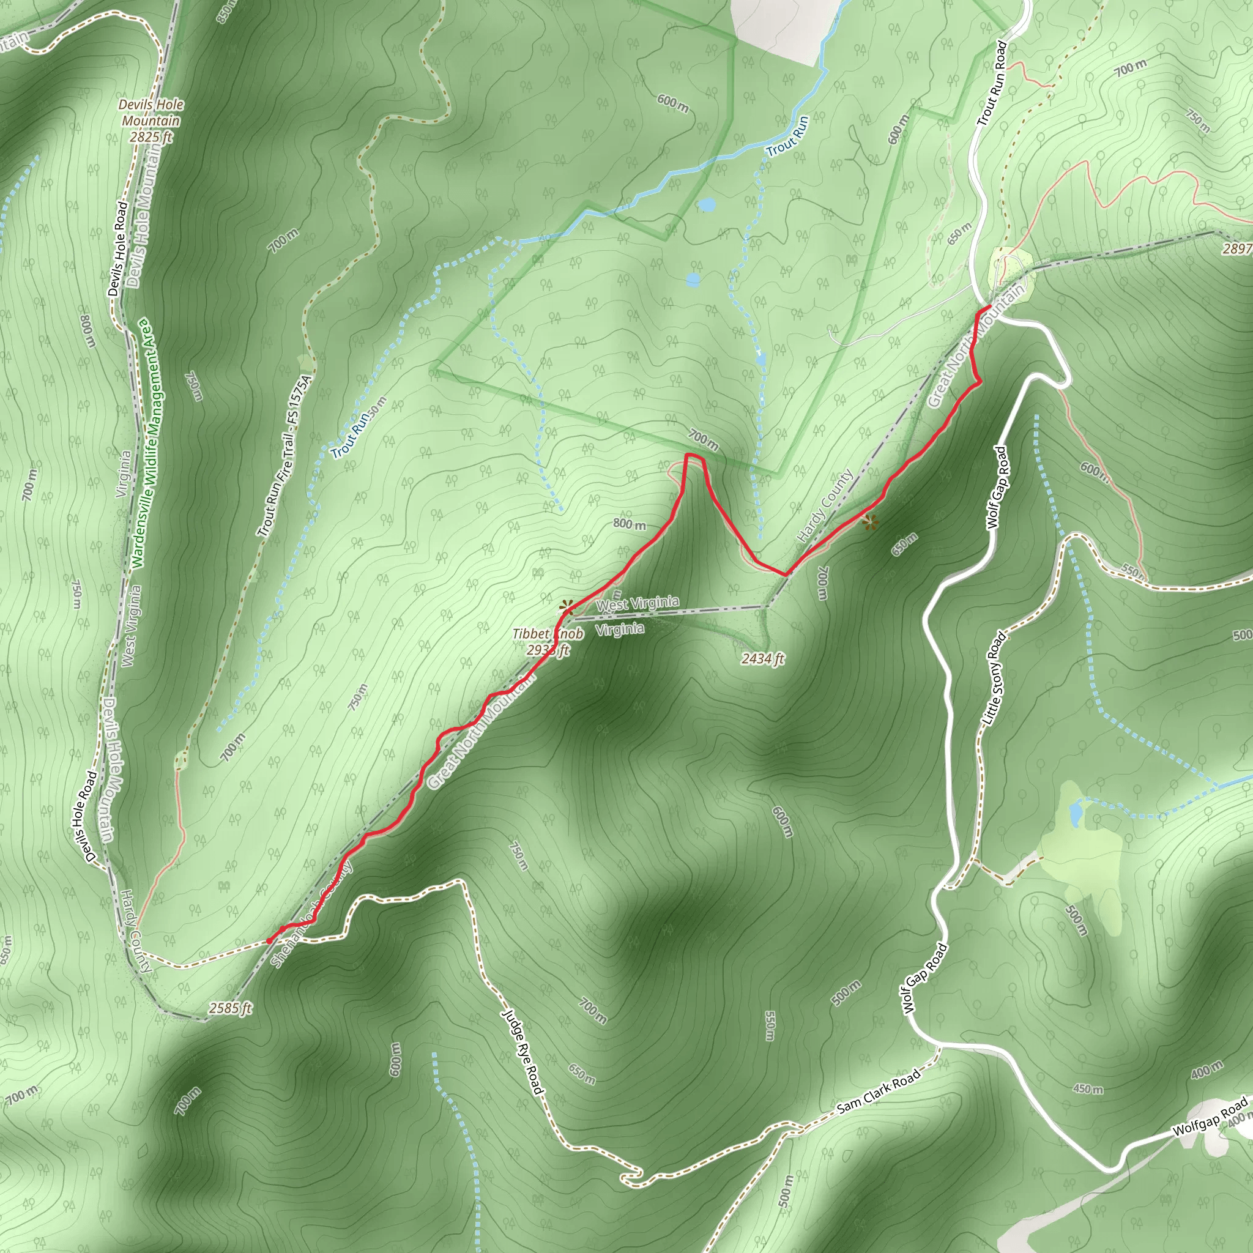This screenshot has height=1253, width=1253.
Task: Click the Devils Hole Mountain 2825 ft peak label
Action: click(x=151, y=121)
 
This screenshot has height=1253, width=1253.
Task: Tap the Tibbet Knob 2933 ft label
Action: click(x=548, y=641)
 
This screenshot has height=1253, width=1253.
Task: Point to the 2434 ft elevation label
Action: click(x=763, y=659)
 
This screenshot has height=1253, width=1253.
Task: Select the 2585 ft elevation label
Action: click(x=230, y=1008)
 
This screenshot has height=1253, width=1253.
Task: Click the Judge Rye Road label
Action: click(x=522, y=1051)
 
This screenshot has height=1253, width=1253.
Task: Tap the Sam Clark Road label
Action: click(x=879, y=1091)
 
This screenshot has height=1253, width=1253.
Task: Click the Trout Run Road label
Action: click(x=992, y=84)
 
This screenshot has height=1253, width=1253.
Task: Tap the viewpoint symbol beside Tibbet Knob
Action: click(x=566, y=608)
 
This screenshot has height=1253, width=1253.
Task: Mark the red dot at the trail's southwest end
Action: click(x=269, y=941)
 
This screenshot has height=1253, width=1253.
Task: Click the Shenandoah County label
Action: click(x=311, y=914)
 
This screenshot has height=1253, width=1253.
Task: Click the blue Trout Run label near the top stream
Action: click(x=787, y=137)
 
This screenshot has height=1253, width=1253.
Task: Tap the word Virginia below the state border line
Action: click(x=620, y=629)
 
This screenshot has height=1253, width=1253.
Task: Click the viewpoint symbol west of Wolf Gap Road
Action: click(x=871, y=521)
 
